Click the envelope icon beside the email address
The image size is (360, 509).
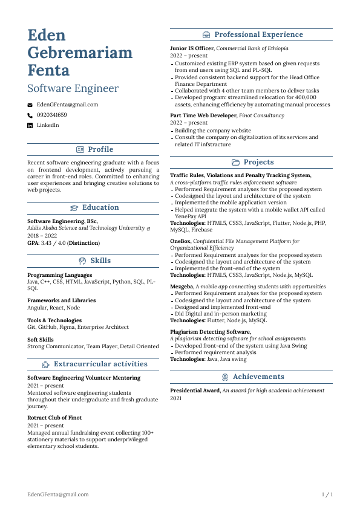click(x=30, y=105)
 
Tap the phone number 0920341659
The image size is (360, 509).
click(x=51, y=115)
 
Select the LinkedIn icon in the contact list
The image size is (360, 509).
click(x=30, y=125)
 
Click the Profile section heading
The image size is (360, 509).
click(x=100, y=149)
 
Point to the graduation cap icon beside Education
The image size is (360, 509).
click(x=74, y=207)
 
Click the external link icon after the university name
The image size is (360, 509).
click(x=149, y=229)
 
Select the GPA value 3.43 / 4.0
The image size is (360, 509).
click(x=53, y=243)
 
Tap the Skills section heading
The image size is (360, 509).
click(x=100, y=261)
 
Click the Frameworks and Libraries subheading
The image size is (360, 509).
click(x=61, y=300)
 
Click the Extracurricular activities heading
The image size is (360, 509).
click(x=100, y=364)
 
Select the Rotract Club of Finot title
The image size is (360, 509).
click(x=54, y=418)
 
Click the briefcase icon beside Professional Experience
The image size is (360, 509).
click(x=207, y=34)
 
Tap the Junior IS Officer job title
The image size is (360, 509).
click(x=192, y=48)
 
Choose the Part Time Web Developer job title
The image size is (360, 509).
click(x=203, y=115)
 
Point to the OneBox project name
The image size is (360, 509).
click(x=180, y=241)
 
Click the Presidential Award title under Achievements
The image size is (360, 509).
click(x=195, y=391)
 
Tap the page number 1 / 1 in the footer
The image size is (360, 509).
click(x=327, y=494)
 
